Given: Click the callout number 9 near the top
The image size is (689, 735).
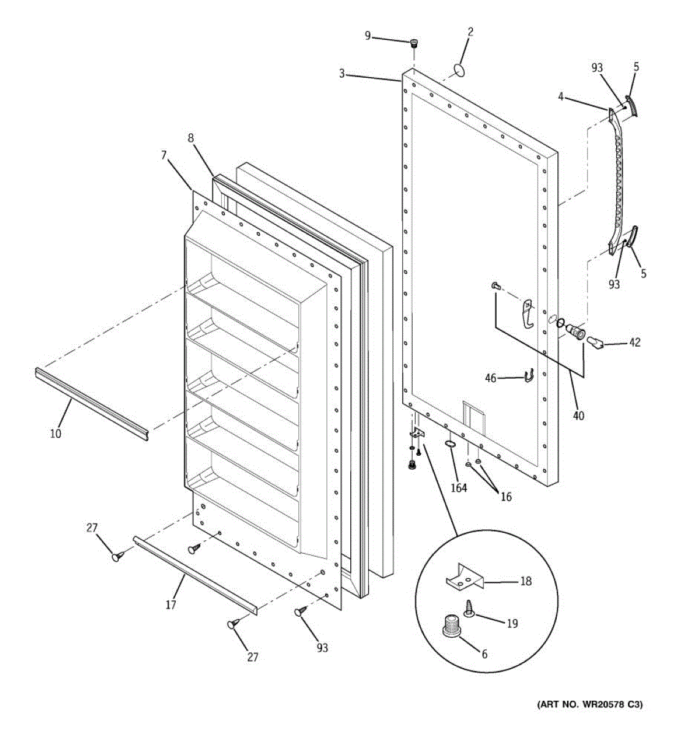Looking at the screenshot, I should (x=367, y=36).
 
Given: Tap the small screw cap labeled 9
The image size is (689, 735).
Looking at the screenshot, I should (x=414, y=43).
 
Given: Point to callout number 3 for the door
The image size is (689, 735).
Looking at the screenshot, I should (x=342, y=74).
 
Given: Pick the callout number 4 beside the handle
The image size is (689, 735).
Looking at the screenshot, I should (x=560, y=97).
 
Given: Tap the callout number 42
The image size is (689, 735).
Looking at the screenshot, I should (x=634, y=342).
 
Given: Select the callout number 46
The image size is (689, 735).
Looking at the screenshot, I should (x=491, y=379).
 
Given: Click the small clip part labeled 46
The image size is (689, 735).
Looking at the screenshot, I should (x=529, y=376).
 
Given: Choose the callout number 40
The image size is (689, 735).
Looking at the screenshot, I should (x=579, y=416).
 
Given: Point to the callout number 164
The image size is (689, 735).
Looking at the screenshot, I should (x=459, y=488).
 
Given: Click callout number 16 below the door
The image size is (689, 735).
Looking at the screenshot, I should (x=506, y=497).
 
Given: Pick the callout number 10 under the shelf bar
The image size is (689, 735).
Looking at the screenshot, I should (x=55, y=434).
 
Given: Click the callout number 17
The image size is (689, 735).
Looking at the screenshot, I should (x=171, y=605).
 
